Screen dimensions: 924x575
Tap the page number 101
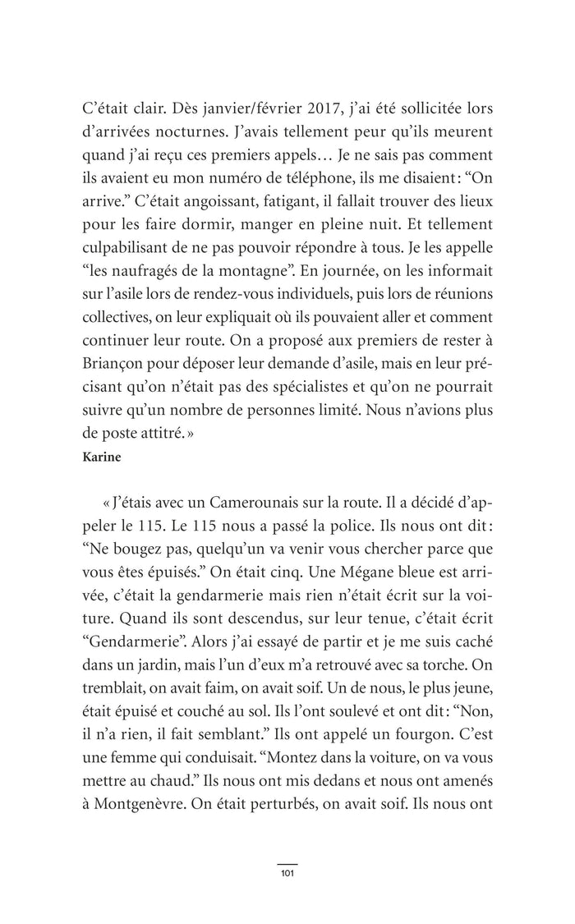click(287, 871)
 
